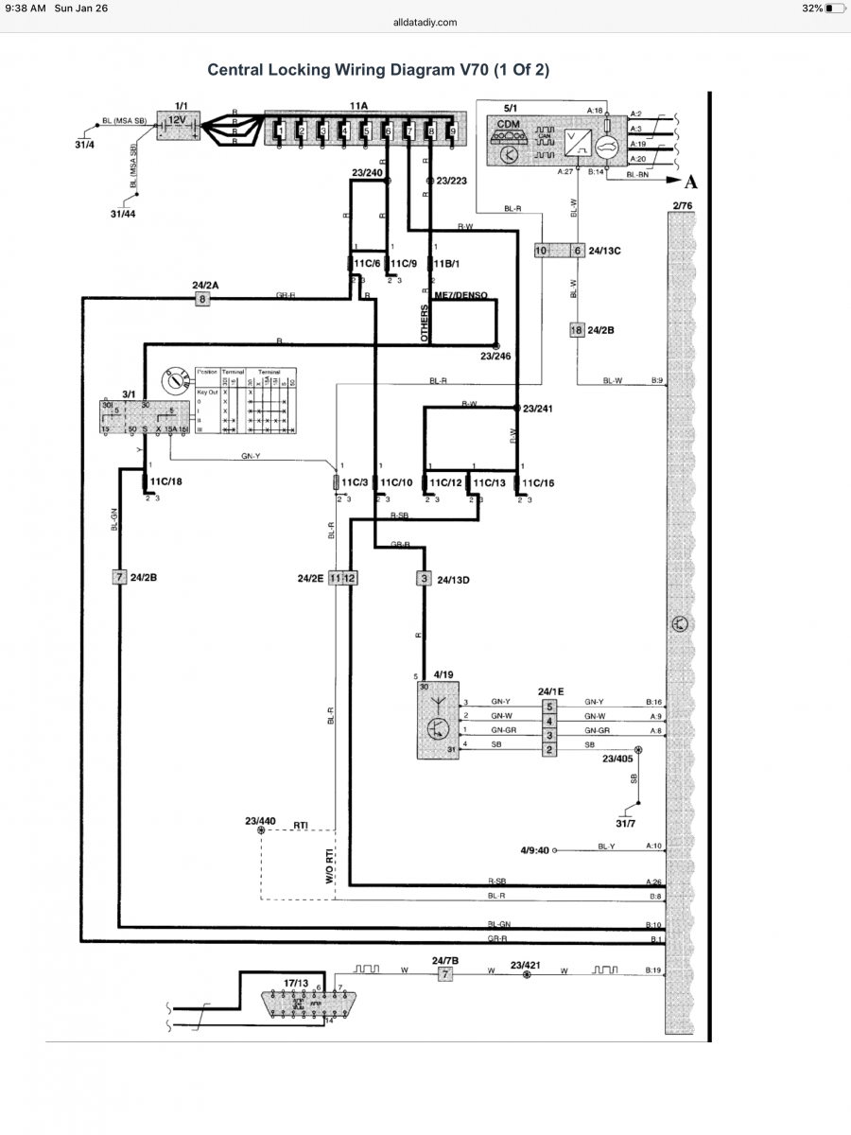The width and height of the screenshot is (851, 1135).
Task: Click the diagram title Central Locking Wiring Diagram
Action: pos(378,70)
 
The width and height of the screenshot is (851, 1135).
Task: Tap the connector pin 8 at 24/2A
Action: pos(201,299)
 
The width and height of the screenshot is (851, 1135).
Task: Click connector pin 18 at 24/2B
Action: pos(576,329)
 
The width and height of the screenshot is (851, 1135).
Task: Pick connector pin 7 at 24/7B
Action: pos(445,974)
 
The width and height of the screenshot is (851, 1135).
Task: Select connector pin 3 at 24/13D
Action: pos(425,577)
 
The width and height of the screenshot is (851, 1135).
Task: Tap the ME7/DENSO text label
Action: pos(460,295)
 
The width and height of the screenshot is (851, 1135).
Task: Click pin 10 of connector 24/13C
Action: pos(541,251)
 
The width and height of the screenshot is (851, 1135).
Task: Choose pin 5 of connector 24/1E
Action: pos(548,706)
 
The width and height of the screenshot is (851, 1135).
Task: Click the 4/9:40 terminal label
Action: pos(535,849)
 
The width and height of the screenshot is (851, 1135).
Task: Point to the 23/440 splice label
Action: pos(261,821)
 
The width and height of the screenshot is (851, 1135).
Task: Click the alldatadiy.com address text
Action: pos(425,22)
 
